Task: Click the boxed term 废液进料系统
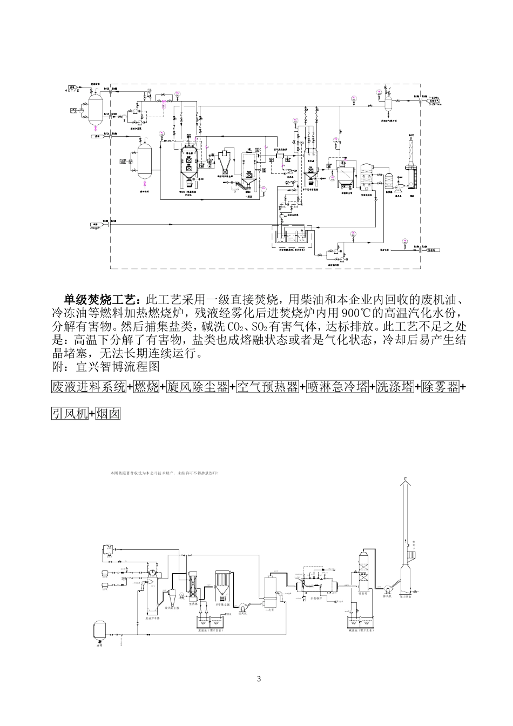(89, 387)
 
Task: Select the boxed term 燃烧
(146, 387)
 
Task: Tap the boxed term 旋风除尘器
(197, 387)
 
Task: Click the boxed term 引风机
(70, 414)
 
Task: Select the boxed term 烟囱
(108, 414)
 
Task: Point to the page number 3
(259, 678)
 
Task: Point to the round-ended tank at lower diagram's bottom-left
(99, 629)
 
